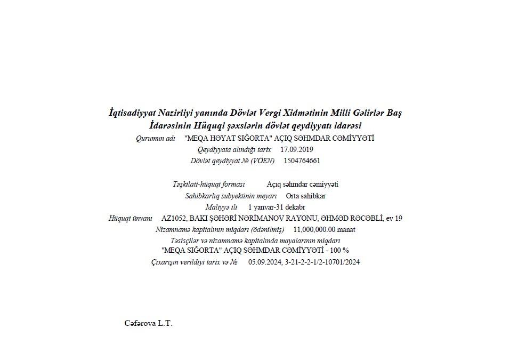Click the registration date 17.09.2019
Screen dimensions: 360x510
[297, 149]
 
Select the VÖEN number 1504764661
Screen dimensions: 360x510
[302, 161]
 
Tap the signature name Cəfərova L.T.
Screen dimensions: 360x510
[148, 323]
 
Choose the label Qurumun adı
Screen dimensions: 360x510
[156, 138]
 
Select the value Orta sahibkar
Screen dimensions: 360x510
[305, 196]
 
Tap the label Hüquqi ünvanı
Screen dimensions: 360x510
[131, 218]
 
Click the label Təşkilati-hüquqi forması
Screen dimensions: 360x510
[208, 185]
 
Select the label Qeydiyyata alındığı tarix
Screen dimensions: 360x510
[234, 149]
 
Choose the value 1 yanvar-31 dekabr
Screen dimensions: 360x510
[277, 207]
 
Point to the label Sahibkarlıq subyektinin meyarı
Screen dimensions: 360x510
[231, 196]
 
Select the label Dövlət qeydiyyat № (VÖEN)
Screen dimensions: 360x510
[233, 161]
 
